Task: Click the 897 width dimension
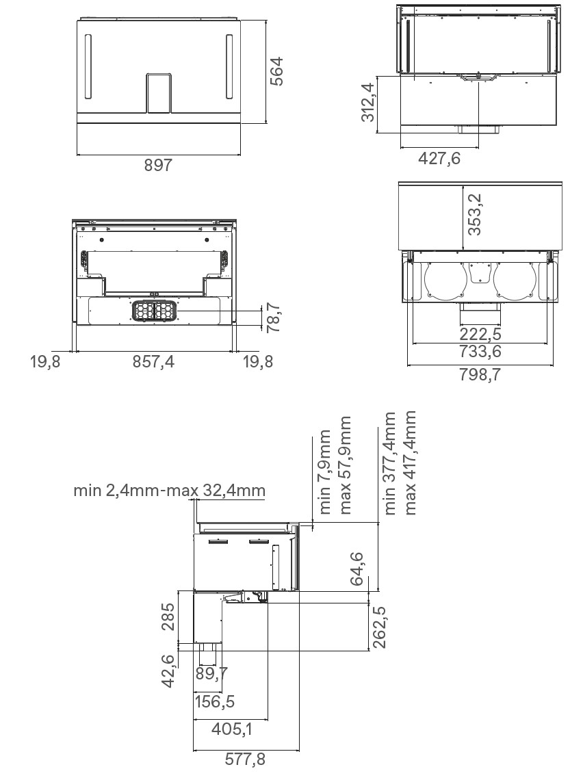pos(158,165)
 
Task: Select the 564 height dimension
pos(276,71)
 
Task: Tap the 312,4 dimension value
pos(368,102)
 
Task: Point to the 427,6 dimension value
pos(439,158)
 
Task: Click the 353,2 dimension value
pos(475,214)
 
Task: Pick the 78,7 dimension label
pos(274,318)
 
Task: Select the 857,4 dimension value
pos(153,362)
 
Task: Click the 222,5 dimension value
pos(480,334)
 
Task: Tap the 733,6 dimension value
pos(480,352)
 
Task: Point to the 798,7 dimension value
pos(480,374)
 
